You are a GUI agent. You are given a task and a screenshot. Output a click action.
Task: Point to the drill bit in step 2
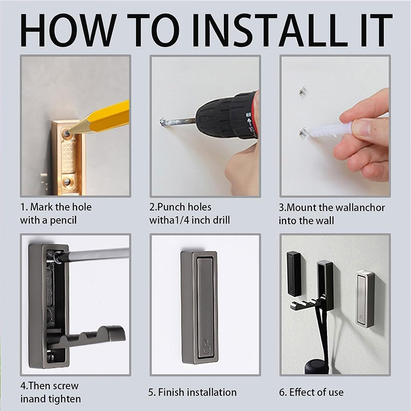[178, 122]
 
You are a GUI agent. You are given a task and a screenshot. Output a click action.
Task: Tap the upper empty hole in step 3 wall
[303, 91]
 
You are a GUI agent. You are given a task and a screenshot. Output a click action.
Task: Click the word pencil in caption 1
[63, 220]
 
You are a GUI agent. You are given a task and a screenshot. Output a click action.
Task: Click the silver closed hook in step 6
[365, 299]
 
